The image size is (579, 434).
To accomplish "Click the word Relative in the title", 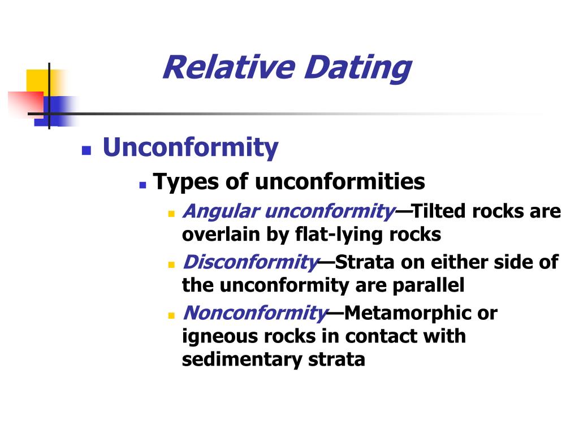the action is [x=229, y=67].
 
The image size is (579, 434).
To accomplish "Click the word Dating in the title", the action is [x=358, y=69].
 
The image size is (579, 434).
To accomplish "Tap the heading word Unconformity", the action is [x=191, y=147].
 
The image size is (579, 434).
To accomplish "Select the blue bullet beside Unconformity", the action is [x=87, y=150].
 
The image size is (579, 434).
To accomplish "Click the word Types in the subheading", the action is [x=186, y=183].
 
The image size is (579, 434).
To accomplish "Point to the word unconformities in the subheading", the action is [x=340, y=181].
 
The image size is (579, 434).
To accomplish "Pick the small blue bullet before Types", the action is [x=142, y=185].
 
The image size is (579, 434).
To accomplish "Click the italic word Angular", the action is [x=222, y=212].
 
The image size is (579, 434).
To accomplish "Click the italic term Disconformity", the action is [x=250, y=262].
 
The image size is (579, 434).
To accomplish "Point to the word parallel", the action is [x=429, y=285].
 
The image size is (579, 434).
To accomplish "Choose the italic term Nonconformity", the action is [x=256, y=313].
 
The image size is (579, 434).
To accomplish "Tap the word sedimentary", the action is [x=242, y=359].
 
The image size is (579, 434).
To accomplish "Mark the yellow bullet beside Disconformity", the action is [x=171, y=264].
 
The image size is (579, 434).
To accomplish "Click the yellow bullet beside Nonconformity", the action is [x=171, y=315].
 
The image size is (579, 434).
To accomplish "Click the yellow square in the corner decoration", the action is [x=41, y=82].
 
